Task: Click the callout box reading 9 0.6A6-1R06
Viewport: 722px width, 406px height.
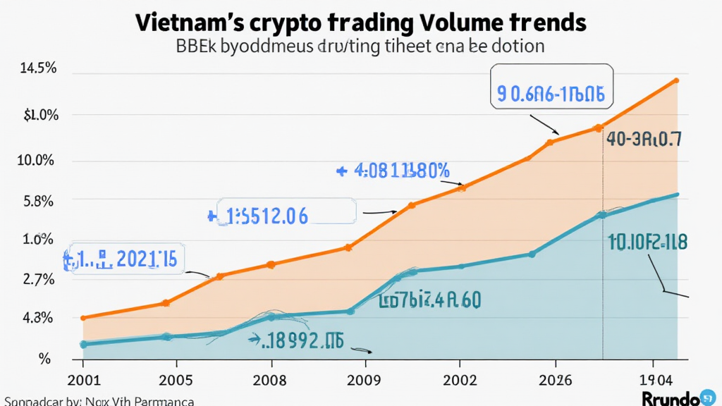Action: coord(551,94)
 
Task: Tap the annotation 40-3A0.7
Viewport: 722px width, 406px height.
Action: coord(644,140)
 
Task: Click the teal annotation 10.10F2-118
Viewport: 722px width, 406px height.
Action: coord(647,242)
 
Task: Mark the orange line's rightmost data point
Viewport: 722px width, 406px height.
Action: coord(677,80)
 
